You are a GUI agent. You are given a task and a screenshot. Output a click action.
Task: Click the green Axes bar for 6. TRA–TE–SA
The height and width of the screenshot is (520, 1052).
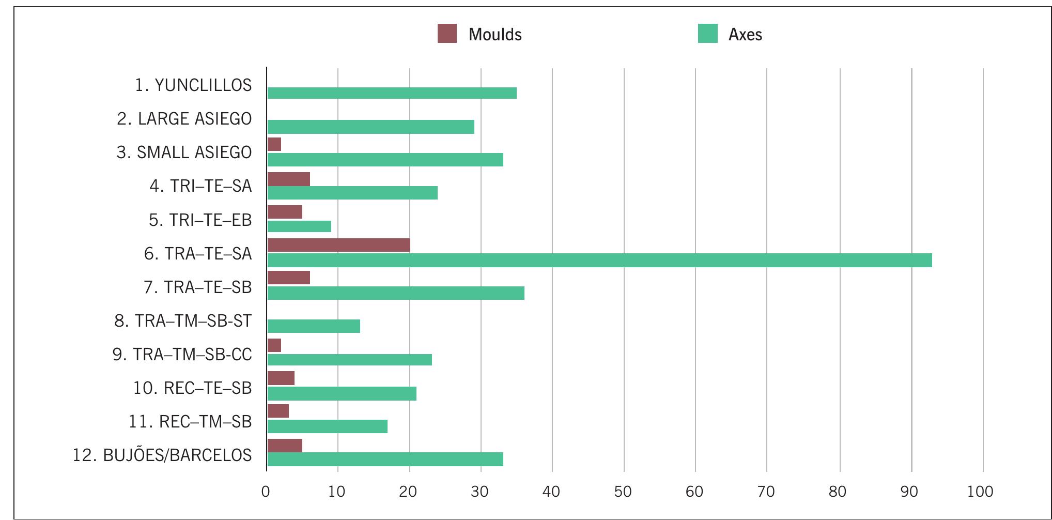click(599, 260)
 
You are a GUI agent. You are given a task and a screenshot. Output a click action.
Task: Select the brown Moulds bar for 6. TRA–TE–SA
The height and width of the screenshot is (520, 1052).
click(338, 245)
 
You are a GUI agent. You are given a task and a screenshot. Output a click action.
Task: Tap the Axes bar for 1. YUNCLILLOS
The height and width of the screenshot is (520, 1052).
click(392, 93)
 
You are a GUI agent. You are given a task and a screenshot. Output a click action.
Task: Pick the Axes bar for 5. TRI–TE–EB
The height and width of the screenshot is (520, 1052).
click(299, 226)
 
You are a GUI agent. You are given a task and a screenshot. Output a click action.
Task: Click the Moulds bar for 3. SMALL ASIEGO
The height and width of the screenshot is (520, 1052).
click(274, 144)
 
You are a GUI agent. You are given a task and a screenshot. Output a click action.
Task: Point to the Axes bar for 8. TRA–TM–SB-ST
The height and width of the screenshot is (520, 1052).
click(314, 326)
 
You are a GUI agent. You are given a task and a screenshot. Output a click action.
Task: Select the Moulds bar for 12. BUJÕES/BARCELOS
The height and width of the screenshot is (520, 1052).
click(285, 446)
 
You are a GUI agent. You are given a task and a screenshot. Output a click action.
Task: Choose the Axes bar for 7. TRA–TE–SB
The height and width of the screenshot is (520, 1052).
click(396, 293)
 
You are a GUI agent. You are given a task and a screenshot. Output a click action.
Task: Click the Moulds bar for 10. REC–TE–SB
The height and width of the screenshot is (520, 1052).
click(281, 378)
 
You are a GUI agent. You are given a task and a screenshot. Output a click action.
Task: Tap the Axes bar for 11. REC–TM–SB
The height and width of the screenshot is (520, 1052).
click(327, 426)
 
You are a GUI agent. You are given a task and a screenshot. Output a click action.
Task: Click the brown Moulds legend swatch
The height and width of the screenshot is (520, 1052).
click(447, 34)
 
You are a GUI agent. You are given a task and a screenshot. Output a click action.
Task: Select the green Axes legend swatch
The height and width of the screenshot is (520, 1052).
click(707, 34)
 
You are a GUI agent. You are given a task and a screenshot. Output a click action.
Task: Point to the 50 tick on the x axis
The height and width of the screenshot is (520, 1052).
click(623, 492)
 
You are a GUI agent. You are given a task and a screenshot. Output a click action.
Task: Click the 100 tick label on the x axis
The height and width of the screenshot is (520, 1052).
click(981, 492)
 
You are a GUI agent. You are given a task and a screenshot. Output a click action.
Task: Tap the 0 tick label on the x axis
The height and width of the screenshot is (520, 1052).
click(266, 492)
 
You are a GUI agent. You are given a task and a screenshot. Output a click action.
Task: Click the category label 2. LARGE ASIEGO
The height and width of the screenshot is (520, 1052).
click(184, 119)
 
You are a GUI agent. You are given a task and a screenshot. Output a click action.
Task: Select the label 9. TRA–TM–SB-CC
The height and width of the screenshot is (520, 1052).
click(182, 355)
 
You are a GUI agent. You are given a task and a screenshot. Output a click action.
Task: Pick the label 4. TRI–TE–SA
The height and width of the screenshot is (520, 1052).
click(200, 186)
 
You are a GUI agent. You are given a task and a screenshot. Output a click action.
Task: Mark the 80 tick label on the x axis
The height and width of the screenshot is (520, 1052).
click(838, 492)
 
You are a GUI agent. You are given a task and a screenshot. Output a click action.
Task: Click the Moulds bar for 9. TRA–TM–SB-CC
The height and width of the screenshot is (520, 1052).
click(274, 345)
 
